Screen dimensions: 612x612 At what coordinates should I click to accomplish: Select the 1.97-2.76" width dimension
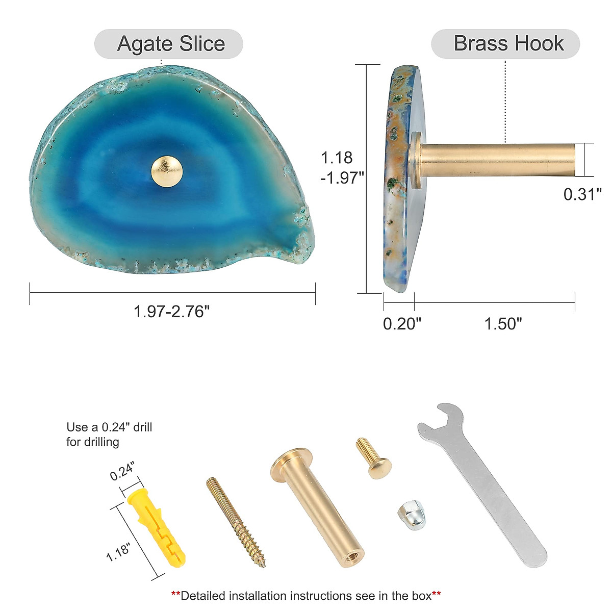tap(172, 311)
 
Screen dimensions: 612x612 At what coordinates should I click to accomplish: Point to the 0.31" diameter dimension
tap(582, 194)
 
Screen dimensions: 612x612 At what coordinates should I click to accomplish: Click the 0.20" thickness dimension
tap(402, 324)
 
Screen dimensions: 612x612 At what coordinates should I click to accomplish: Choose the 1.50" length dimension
tap(503, 324)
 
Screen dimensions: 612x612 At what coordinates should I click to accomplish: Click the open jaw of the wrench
tap(448, 416)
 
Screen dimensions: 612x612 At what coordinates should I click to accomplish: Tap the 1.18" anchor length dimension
tap(118, 552)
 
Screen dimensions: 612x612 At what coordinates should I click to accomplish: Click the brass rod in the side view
tap(497, 159)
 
